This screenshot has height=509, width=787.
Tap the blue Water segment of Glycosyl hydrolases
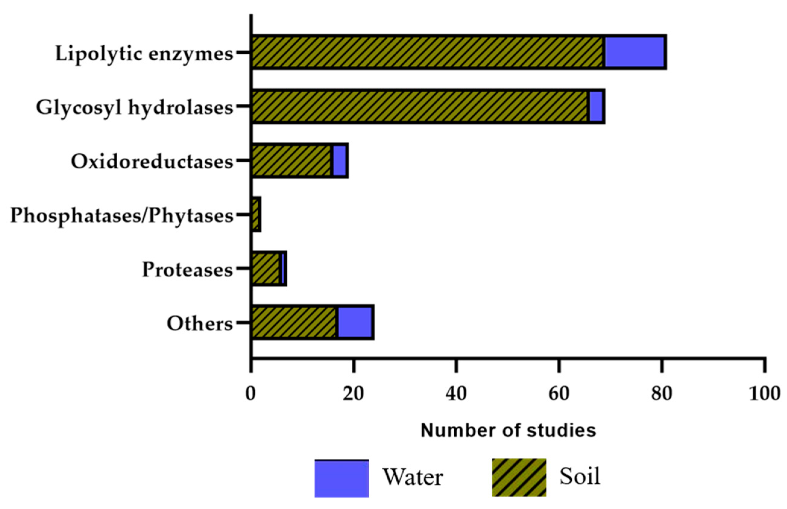pos(596,106)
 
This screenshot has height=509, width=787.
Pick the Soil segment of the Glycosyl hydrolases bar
pos(420,106)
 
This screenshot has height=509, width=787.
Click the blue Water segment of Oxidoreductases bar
pos(339,161)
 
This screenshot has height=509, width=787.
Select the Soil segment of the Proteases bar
pos(265,268)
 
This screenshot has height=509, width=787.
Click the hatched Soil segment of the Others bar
pos(294,322)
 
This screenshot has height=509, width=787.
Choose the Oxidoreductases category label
pos(152,162)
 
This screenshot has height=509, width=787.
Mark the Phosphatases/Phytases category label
pos(121,216)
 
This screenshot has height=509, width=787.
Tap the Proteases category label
pos(187,269)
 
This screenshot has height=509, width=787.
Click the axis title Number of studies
pos(508,430)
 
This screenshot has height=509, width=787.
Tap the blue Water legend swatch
pos(341,478)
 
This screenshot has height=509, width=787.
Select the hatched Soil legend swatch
pos(519,477)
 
